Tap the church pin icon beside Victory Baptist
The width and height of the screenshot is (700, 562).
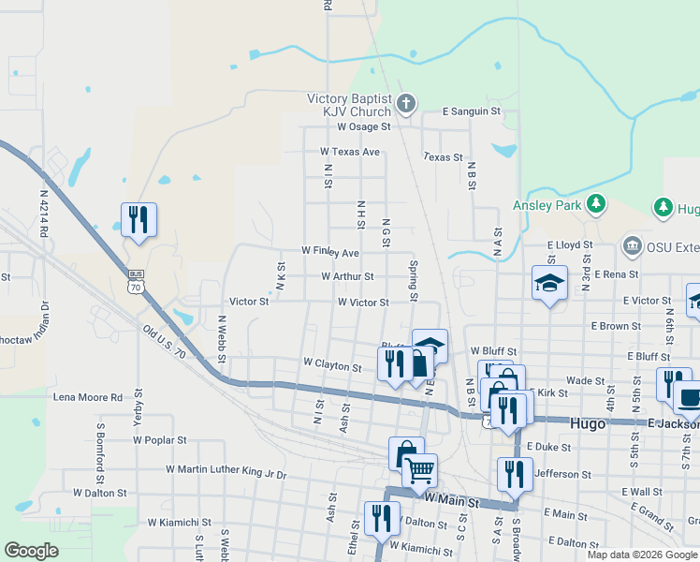click(405, 102)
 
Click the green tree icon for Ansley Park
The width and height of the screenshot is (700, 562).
click(596, 204)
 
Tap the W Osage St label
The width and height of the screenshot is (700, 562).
click(363, 126)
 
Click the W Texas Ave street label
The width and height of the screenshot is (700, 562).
click(350, 152)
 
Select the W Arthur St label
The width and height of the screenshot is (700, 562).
click(347, 277)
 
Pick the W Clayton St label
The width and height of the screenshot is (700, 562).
click(332, 365)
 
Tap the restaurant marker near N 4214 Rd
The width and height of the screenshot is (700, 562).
click(139, 220)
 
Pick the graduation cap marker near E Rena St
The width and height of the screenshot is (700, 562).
click(549, 282)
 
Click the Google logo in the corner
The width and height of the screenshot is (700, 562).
click(31, 551)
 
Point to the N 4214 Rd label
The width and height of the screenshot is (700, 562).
click(44, 214)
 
